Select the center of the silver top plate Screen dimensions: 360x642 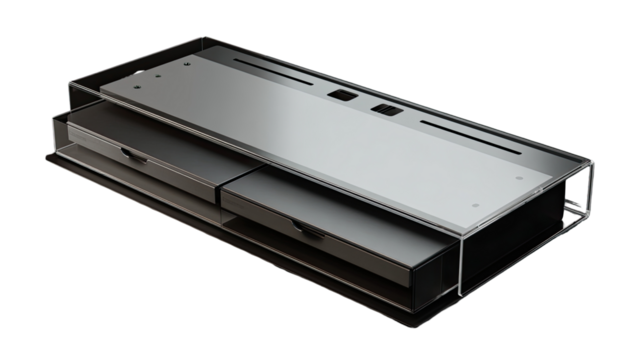(x=330, y=140)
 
